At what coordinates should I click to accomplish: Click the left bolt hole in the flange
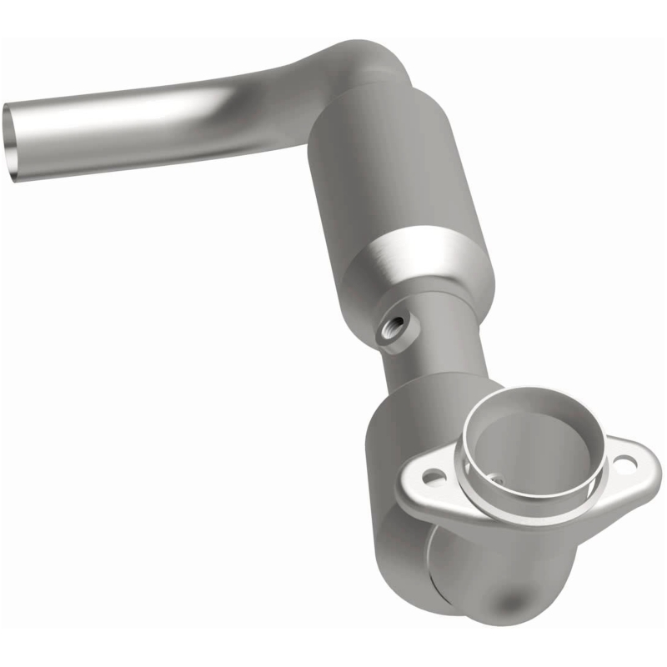[x=433, y=478]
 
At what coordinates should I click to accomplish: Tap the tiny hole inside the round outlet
[x=497, y=480]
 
